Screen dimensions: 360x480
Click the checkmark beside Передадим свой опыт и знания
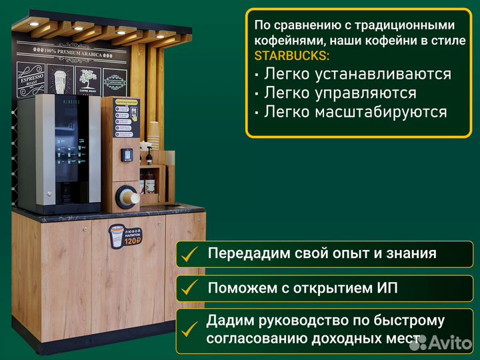190,254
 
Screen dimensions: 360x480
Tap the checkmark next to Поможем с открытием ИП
190,288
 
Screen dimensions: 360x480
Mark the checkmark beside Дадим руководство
190,329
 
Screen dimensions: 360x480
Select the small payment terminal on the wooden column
127,155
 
